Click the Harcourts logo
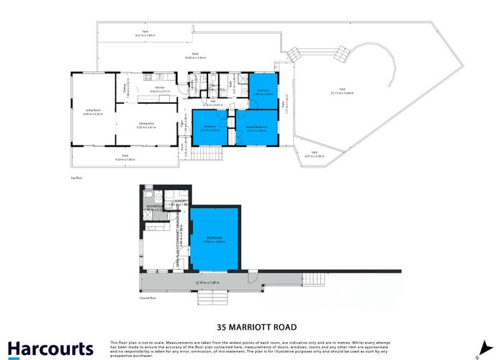pos(50,348)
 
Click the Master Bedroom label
pos(257,127)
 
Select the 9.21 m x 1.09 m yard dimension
pos(145,35)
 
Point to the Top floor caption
pos(74,176)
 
